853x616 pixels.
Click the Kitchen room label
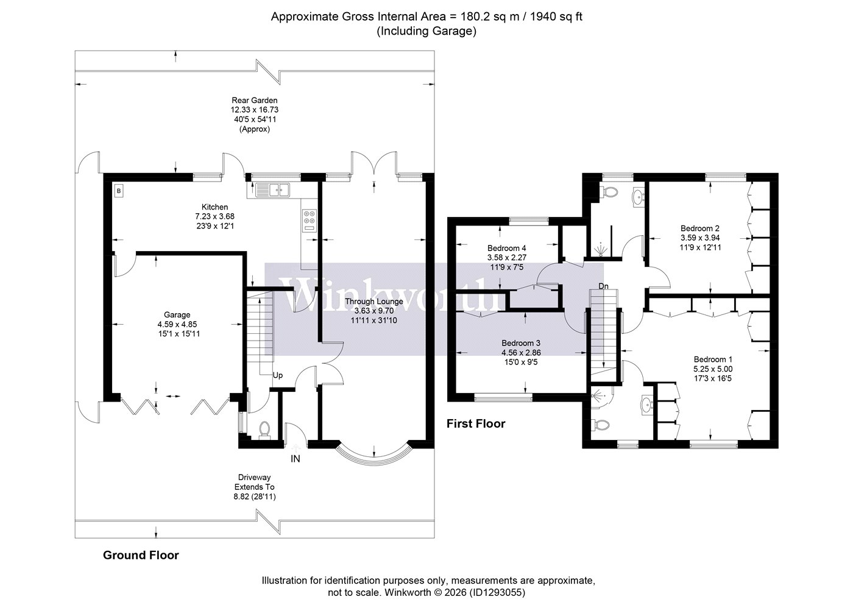click(x=214, y=207)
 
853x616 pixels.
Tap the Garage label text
click(x=177, y=315)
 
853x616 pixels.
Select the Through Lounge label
click(x=374, y=302)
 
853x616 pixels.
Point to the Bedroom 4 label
click(x=507, y=248)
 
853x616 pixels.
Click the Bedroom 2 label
click(x=700, y=228)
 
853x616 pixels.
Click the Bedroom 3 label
click(x=521, y=343)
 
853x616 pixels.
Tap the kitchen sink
click(x=273, y=189)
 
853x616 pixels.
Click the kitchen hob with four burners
click(x=310, y=221)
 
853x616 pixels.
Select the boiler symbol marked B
click(x=119, y=191)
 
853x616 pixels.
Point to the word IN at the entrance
click(x=296, y=459)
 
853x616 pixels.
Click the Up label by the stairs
click(x=278, y=375)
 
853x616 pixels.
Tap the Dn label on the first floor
click(x=604, y=286)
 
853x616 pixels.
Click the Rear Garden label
click(x=255, y=101)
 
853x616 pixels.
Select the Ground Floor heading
click(x=141, y=555)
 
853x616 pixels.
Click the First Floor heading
click(x=476, y=423)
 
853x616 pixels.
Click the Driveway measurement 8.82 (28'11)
click(x=255, y=497)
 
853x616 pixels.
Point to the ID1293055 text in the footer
click(x=497, y=592)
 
